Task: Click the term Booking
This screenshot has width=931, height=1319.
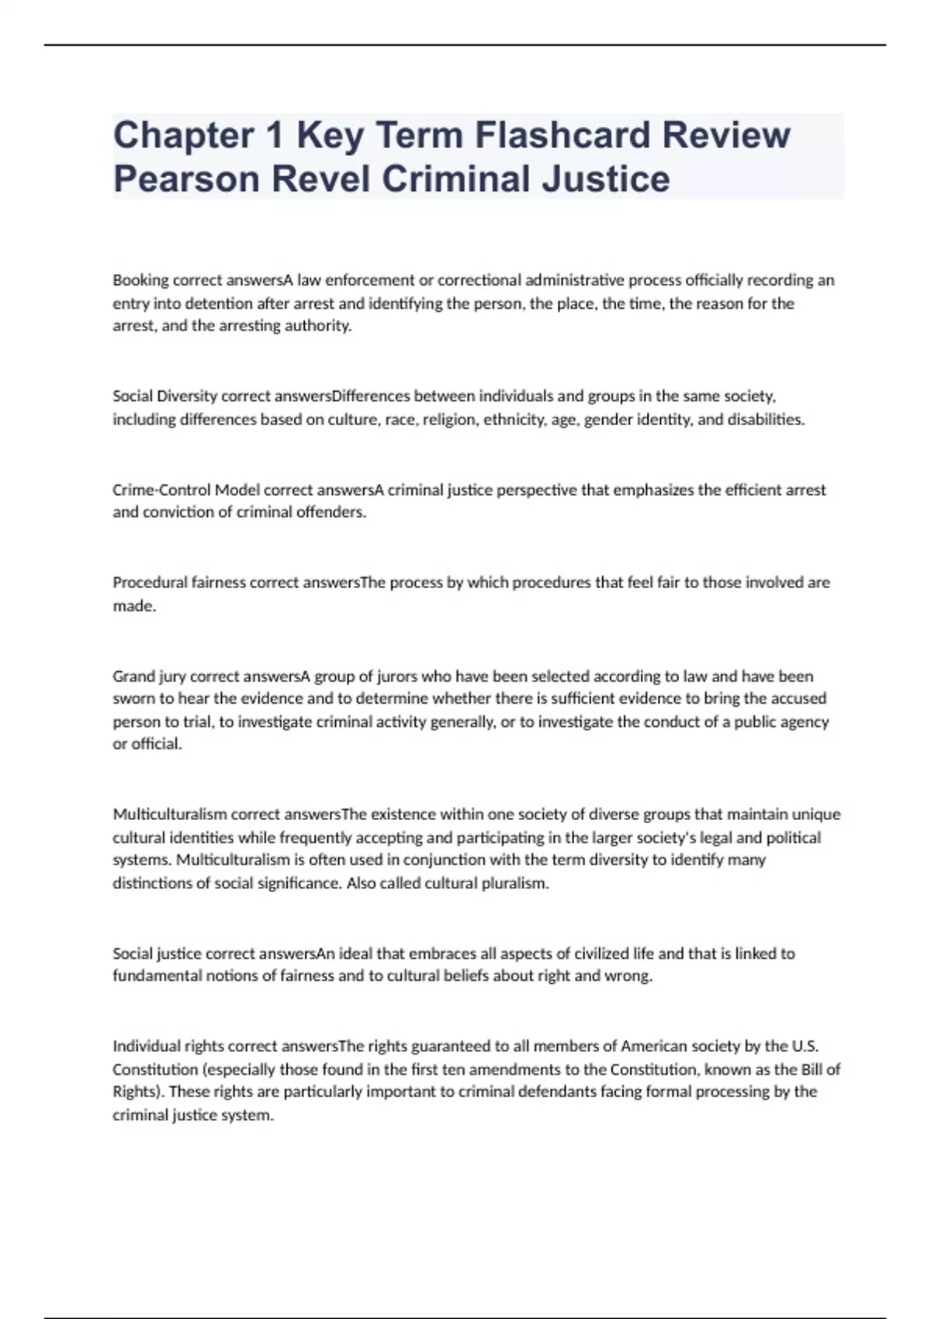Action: [x=140, y=280]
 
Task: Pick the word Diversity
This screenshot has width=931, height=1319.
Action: [x=186, y=396]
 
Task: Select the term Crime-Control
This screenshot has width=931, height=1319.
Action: [x=161, y=490]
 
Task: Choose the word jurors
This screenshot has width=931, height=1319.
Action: [x=397, y=676]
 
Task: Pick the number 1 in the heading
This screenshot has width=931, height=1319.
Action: [x=275, y=135]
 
